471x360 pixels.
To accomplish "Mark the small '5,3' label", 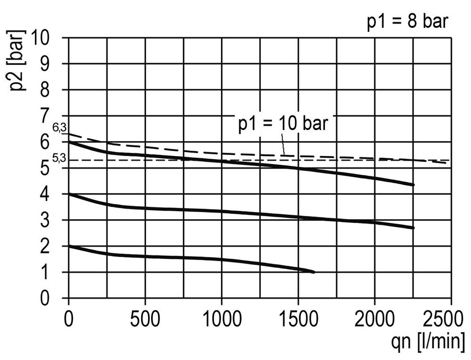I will [x=58, y=158].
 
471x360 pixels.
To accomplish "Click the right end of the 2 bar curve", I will [x=314, y=272].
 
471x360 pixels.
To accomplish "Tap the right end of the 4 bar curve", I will [x=413, y=228].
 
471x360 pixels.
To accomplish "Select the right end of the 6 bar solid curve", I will [x=413, y=185].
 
